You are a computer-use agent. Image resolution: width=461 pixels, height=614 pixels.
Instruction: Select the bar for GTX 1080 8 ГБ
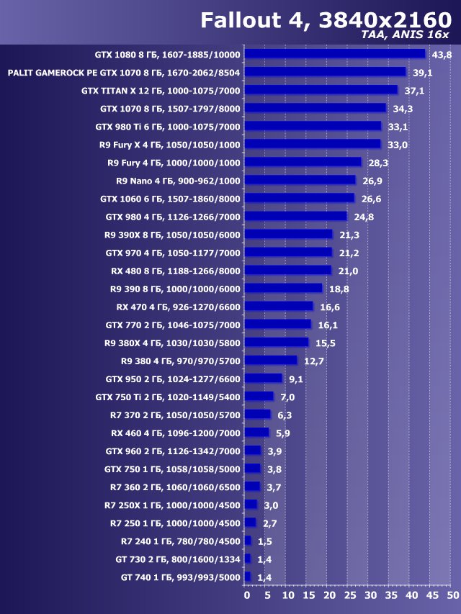(335, 54)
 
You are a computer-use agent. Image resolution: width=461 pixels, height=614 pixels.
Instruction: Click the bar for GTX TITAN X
(321, 90)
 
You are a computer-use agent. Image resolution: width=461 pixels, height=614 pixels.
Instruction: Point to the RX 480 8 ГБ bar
(288, 270)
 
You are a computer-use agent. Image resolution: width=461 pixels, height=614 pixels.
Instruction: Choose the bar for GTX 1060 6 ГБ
(300, 198)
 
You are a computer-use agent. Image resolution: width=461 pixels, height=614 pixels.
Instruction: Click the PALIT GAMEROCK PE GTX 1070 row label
(124, 73)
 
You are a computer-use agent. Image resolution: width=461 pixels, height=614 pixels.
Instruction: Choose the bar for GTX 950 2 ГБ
(264, 379)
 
